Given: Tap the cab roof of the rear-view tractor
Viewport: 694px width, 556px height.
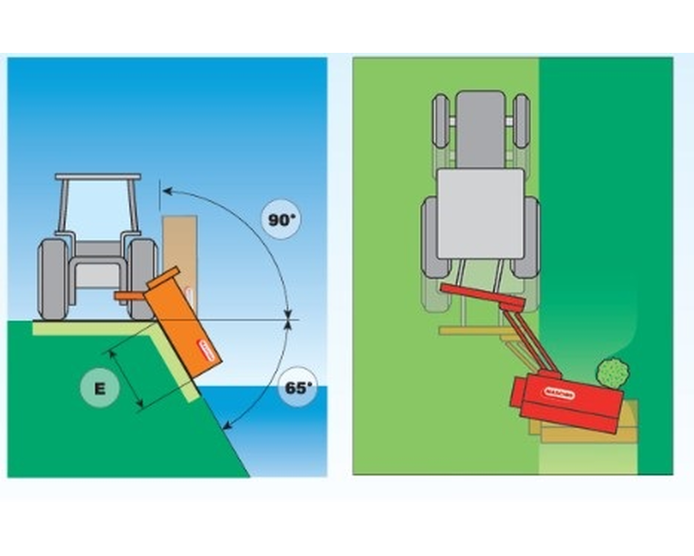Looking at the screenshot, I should pyautogui.click(x=98, y=176).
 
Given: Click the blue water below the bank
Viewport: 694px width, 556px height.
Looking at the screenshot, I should pyautogui.click(x=278, y=436).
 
